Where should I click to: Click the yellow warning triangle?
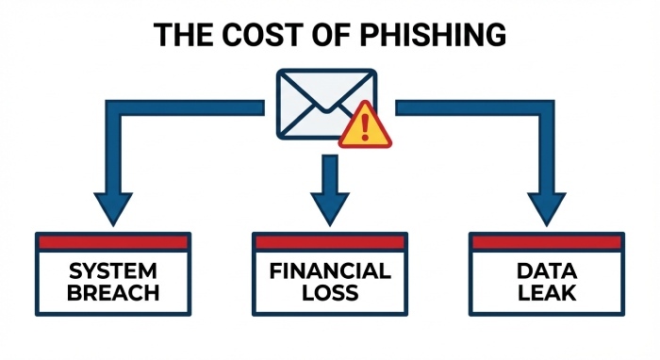pyautogui.click(x=366, y=128)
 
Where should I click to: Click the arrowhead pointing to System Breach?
pyautogui.click(x=114, y=205)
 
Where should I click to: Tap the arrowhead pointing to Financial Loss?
pyautogui.click(x=329, y=205)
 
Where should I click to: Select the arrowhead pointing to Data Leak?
pyautogui.click(x=546, y=205)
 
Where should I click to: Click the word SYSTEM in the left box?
pyautogui.click(x=113, y=271)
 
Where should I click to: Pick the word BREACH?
pyautogui.click(x=113, y=292)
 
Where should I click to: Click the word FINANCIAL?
pyautogui.click(x=329, y=271)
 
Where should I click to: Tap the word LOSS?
pyautogui.click(x=329, y=292)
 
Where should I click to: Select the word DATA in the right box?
pyautogui.click(x=546, y=271)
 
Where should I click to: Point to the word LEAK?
pyautogui.click(x=546, y=292)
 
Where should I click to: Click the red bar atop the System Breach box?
pyautogui.click(x=113, y=241)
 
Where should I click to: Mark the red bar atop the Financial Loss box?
pyautogui.click(x=329, y=241)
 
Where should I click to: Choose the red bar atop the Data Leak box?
pyautogui.click(x=546, y=241)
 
